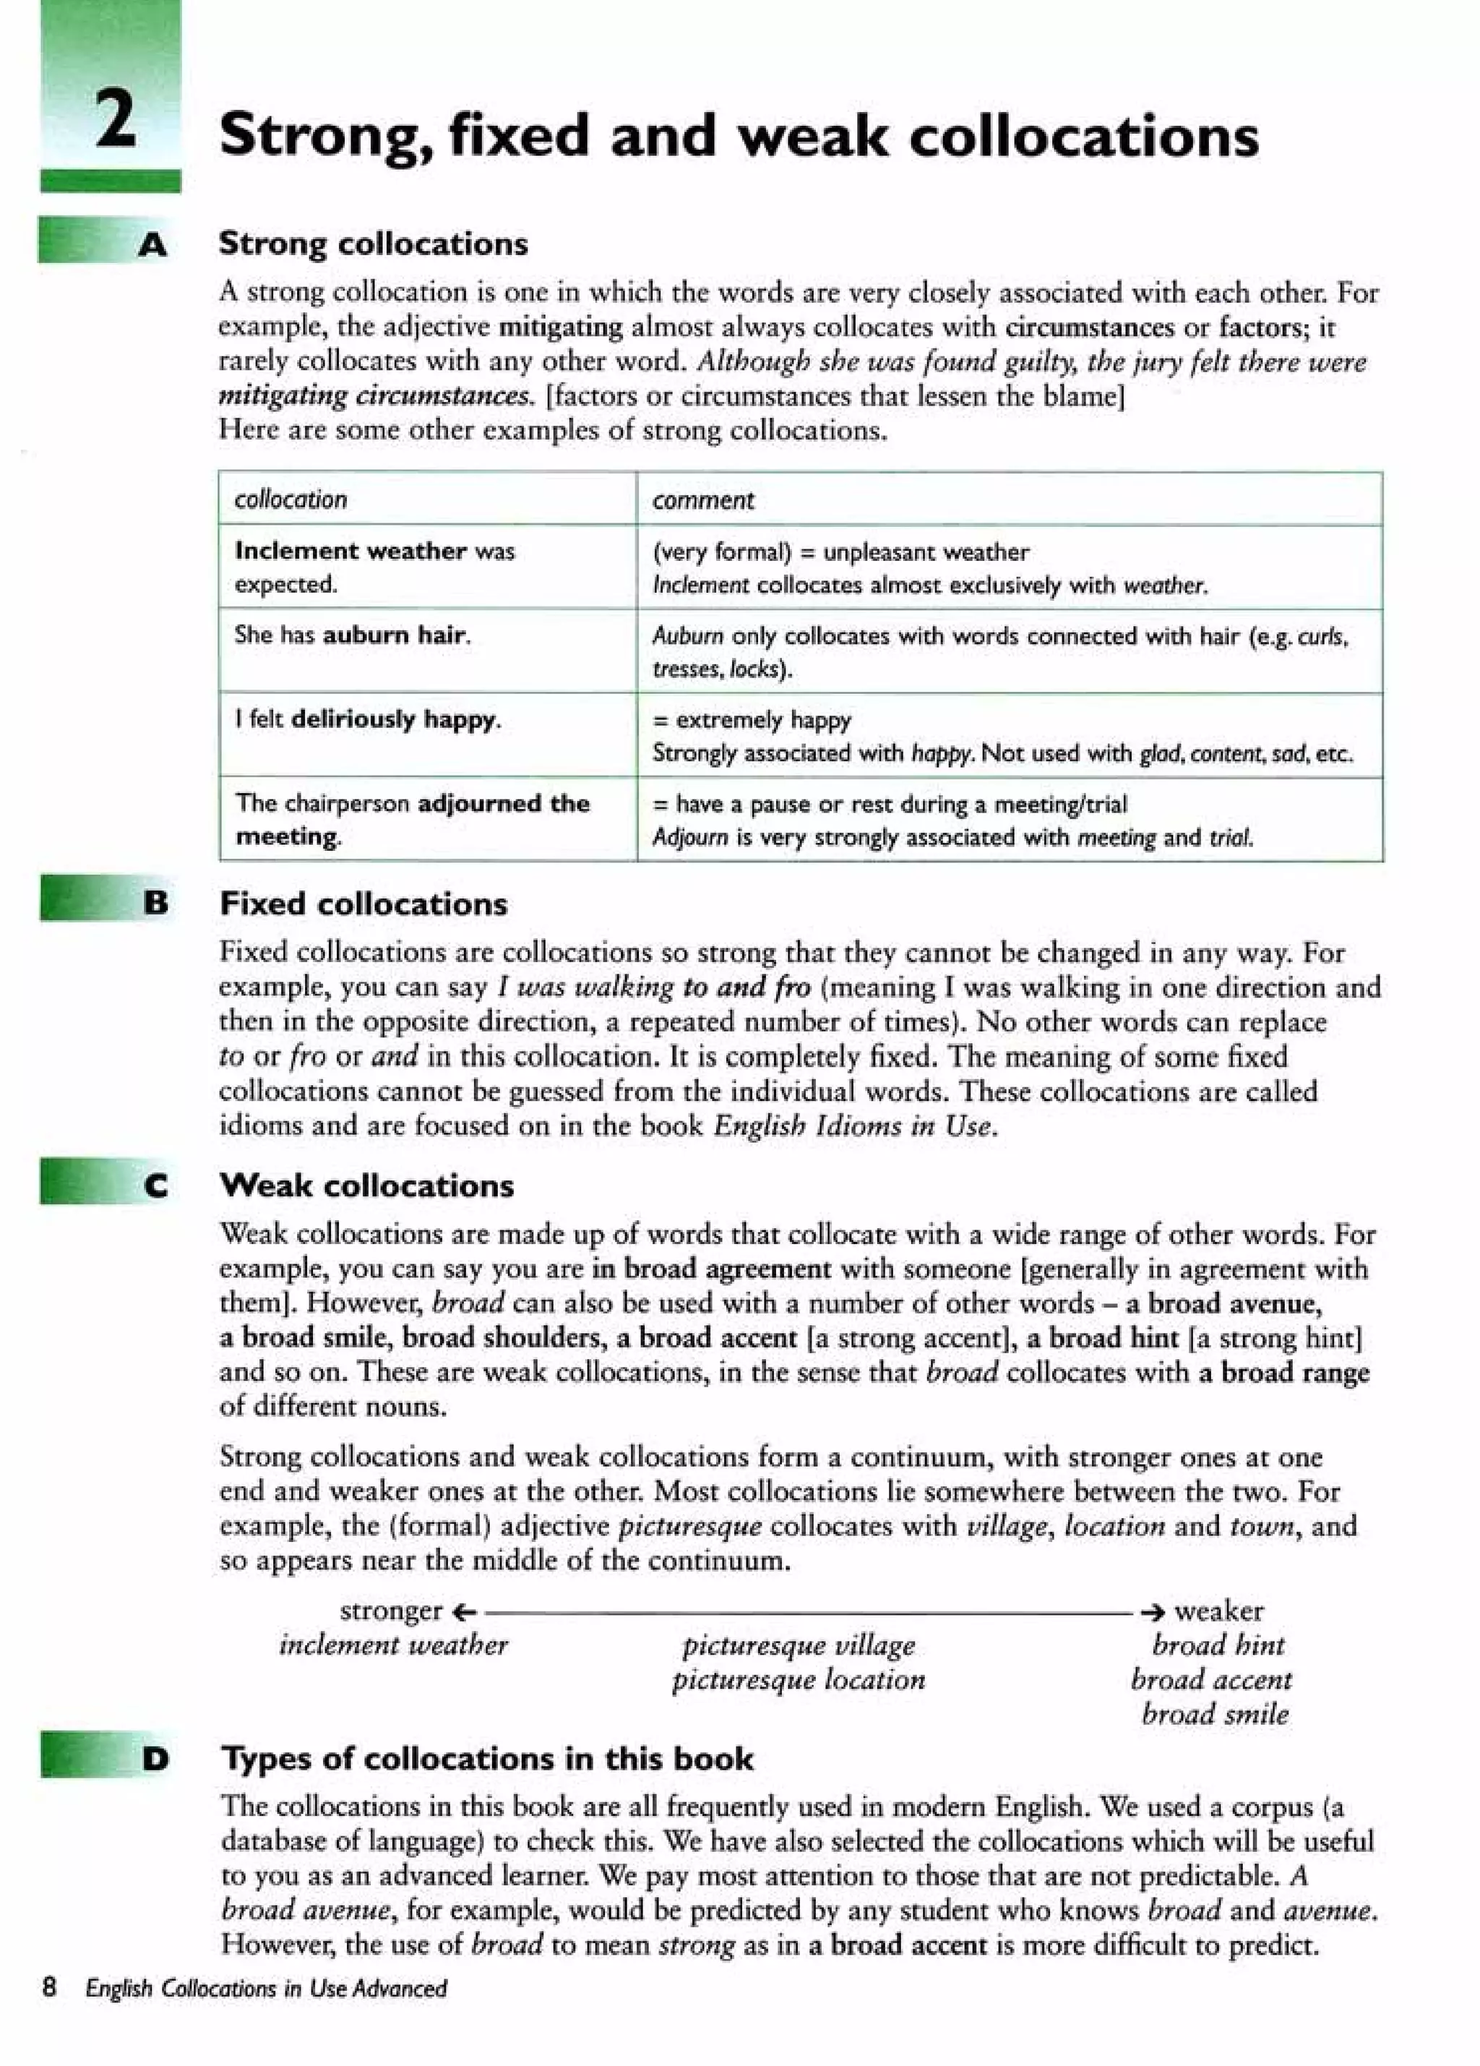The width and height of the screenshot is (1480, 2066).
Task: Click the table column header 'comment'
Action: pyautogui.click(x=702, y=500)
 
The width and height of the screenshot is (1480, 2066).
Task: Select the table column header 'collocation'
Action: pyautogui.click(x=291, y=500)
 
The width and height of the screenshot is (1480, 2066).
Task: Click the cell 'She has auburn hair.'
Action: pyautogui.click(x=353, y=635)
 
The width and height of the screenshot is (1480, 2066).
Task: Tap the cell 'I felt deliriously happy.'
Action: pyautogui.click(x=368, y=720)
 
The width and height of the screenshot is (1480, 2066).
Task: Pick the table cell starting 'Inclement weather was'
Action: pyautogui.click(x=374, y=567)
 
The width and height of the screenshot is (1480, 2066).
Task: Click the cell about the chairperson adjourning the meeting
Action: pyautogui.click(x=413, y=819)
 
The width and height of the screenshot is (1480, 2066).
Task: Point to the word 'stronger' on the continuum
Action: pyautogui.click(x=391, y=1611)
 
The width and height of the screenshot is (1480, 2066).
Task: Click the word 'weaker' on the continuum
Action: pyautogui.click(x=1218, y=1611)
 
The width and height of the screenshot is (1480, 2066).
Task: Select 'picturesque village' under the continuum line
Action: pyautogui.click(x=799, y=1645)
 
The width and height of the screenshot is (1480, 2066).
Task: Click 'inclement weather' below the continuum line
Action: pyautogui.click(x=393, y=1645)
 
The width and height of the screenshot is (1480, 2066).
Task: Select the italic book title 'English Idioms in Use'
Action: pyautogui.click(x=853, y=1126)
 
